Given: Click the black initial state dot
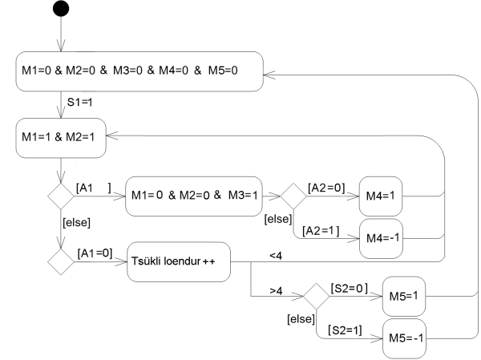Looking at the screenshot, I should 62,10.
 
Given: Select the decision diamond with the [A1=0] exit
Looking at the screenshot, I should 61,261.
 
